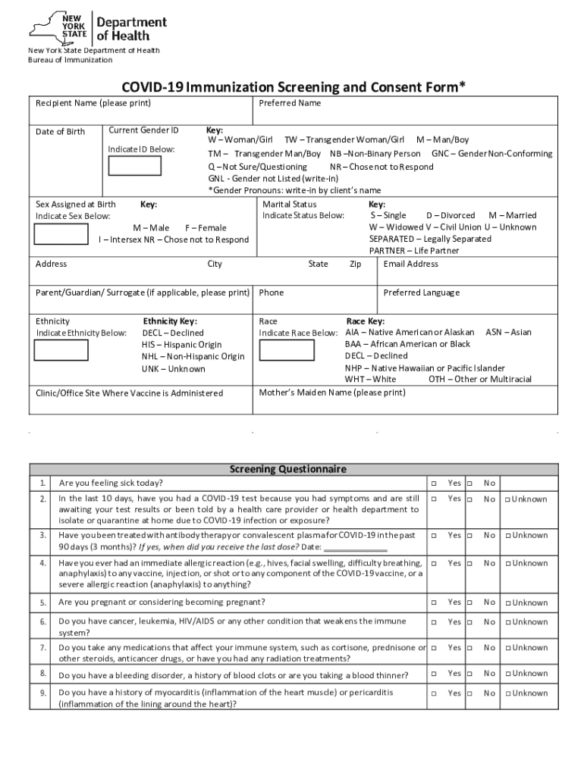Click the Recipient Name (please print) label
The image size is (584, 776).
pos(93,103)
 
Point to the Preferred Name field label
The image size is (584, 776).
pos(290,103)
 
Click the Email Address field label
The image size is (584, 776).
pos(411,264)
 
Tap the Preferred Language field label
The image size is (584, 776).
pos(421,293)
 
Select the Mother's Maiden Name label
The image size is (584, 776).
pos(332,393)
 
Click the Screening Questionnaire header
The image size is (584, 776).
pos(288,469)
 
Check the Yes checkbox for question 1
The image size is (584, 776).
pos(435,483)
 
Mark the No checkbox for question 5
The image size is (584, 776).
pos(470,603)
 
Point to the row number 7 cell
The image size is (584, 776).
pos(42,649)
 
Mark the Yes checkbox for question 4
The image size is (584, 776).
pos(435,564)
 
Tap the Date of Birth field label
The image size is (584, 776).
pos(61,132)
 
